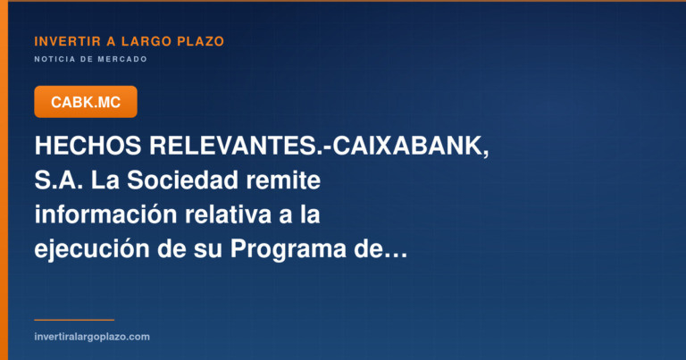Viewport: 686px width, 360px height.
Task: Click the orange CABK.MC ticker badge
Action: [x=86, y=102]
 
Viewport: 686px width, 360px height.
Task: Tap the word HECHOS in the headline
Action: [x=88, y=146]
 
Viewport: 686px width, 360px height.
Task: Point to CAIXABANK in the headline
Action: [x=407, y=146]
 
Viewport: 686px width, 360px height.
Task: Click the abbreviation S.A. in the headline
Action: [x=59, y=180]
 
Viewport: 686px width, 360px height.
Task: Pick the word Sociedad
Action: [x=183, y=180]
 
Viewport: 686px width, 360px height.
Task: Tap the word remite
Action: [x=283, y=180]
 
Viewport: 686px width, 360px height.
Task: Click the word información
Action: [x=105, y=214]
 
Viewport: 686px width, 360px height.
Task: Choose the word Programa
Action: [x=288, y=250]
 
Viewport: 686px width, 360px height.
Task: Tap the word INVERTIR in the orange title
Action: [x=67, y=42]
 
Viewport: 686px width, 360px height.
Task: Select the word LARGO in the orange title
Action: [x=146, y=42]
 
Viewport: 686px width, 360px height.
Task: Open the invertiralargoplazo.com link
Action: [x=92, y=337]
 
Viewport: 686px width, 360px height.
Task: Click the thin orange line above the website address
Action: [x=74, y=320]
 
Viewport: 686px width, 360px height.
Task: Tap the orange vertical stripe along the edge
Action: [x=4, y=180]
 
